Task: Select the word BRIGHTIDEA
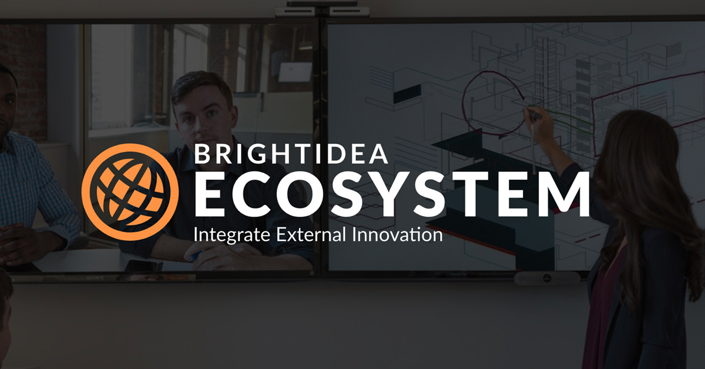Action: coord(291,154)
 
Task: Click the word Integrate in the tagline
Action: coord(231,236)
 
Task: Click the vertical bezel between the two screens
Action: coord(320,147)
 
